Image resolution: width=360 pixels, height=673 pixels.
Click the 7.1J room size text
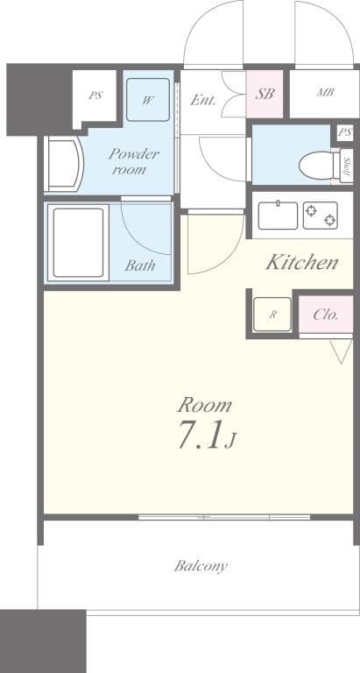tap(206, 436)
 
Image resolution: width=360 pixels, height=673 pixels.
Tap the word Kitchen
tap(301, 262)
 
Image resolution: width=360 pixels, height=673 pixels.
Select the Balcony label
tap(201, 566)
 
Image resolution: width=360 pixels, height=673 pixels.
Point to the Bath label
tap(139, 266)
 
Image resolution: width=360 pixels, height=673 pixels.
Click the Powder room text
tap(133, 161)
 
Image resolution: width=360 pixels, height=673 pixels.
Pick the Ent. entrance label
tap(202, 100)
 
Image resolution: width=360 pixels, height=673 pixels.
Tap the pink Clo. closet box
tap(325, 315)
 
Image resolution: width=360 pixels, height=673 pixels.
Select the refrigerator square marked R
tap(272, 315)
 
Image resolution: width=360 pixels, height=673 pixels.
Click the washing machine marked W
tap(147, 100)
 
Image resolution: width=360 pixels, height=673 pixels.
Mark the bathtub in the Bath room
tap(79, 242)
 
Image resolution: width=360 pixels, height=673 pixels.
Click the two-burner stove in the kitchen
tap(320, 216)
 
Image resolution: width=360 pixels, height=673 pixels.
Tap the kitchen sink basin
tap(277, 216)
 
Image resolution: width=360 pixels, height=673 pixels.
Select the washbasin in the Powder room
tap(63, 163)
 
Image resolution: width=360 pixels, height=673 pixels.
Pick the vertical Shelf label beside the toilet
tap(347, 164)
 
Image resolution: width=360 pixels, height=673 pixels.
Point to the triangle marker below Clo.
tap(341, 352)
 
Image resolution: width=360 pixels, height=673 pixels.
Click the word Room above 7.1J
tap(205, 405)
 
